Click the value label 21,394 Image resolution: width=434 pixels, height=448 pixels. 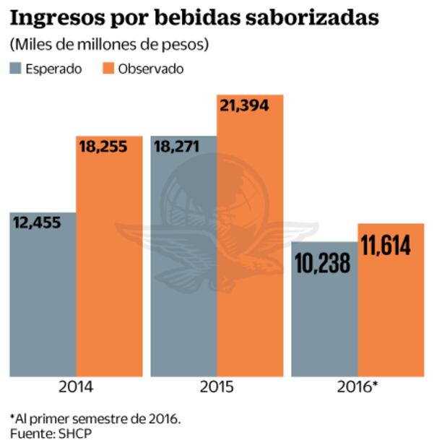point(244,106)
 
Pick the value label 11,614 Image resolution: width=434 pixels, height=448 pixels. point(386,245)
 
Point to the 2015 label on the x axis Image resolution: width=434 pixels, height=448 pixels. point(217,387)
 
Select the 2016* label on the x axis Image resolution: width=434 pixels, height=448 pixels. point(357,387)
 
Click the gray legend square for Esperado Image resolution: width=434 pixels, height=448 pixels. point(17,69)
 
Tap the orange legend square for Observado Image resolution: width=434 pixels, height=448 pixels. point(110,69)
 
